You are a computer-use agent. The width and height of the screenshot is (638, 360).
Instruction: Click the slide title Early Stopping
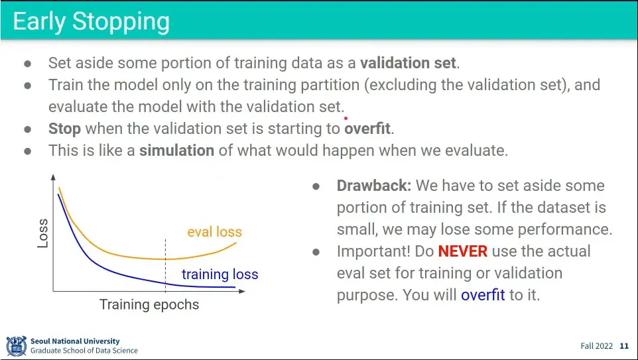tap(91, 22)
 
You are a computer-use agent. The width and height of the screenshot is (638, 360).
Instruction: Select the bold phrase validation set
tap(408, 63)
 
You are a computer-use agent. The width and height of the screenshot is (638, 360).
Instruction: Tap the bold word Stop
tap(65, 129)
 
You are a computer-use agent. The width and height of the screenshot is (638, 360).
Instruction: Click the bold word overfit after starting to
tap(367, 129)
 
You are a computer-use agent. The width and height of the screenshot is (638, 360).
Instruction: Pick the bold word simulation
tap(176, 150)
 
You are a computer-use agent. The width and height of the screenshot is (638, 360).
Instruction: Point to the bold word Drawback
tap(374, 186)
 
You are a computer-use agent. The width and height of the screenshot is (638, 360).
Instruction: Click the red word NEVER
tap(463, 251)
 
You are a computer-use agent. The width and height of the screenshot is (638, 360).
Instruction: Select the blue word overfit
tap(483, 294)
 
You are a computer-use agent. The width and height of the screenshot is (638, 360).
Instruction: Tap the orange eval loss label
tap(214, 232)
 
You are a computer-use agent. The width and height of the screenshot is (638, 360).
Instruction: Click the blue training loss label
tap(220, 274)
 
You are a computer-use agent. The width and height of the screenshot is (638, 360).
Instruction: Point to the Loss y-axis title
tap(42, 233)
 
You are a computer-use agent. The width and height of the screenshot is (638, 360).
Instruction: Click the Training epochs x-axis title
tap(149, 304)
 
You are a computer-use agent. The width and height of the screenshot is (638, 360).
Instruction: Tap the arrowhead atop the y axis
tap(53, 177)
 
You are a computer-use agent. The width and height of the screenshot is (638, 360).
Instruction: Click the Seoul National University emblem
tap(17, 346)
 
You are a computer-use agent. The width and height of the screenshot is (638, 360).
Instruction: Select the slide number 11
tap(624, 346)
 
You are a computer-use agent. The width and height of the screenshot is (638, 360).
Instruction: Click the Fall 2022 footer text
tap(596, 346)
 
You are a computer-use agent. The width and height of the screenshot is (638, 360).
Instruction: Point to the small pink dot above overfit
tap(346, 119)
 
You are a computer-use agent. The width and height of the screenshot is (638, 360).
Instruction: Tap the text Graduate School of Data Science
tap(84, 350)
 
